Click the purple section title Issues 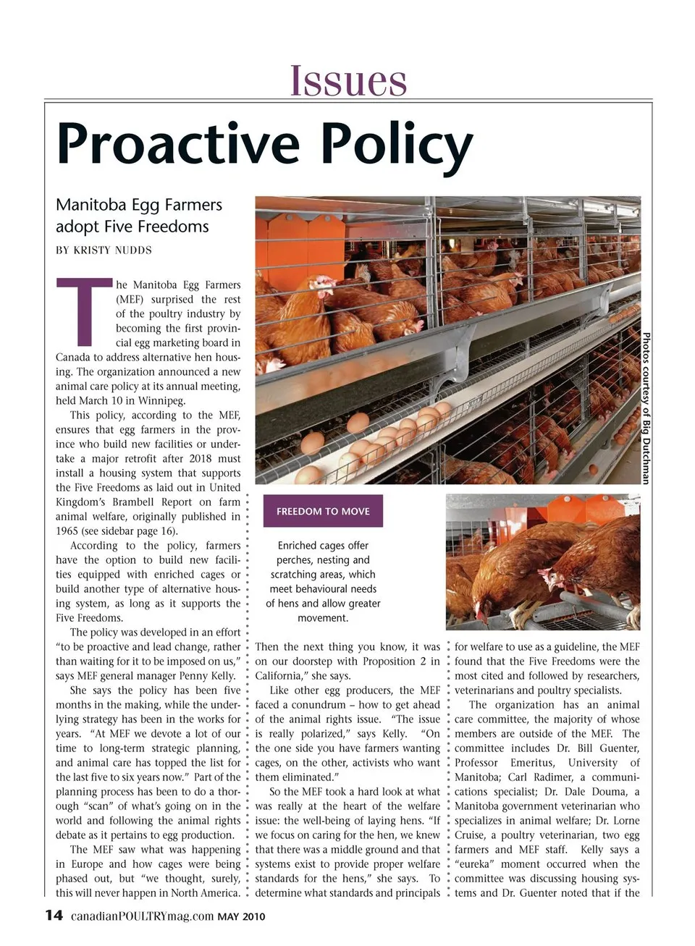[348, 80]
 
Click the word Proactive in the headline [178, 143]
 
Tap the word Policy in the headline [397, 145]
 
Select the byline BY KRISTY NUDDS [104, 250]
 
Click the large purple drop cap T [84, 311]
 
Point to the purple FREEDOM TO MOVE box [323, 511]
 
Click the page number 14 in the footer [54, 916]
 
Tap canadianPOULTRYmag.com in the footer [142, 916]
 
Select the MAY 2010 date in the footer [242, 917]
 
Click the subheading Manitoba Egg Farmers [139, 205]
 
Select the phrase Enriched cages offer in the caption [323, 545]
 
